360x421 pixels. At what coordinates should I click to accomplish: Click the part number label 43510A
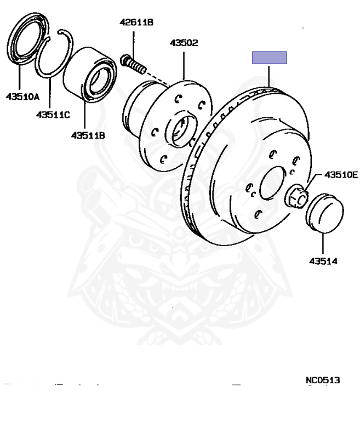23,98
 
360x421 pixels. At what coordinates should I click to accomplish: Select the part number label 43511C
53,115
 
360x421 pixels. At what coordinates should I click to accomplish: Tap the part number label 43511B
88,135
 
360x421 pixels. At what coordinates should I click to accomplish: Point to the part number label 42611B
136,22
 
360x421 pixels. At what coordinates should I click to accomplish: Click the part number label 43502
184,43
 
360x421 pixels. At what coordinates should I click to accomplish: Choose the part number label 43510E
340,175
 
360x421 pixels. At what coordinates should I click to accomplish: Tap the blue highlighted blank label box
269,58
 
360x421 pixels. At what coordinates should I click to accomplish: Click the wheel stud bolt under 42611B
133,64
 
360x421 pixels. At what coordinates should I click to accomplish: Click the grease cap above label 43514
323,211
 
